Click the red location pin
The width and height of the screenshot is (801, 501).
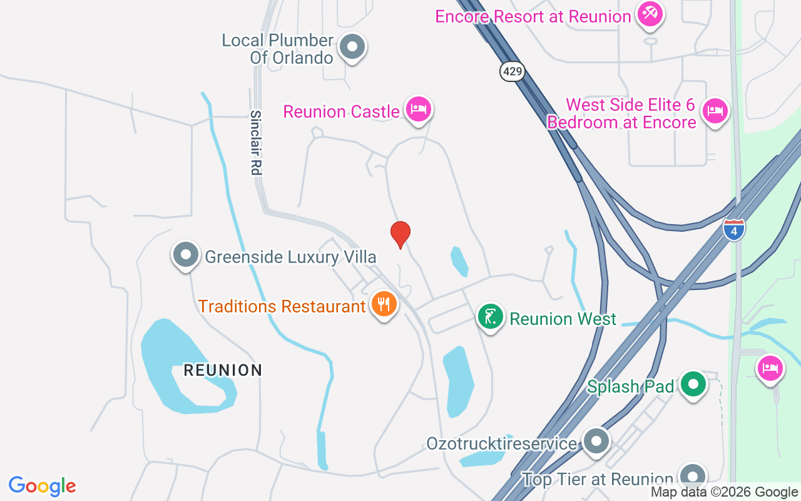pos(400,234)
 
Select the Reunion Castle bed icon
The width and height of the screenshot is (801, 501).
pos(418,110)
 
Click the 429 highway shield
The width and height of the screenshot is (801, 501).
pos(512,71)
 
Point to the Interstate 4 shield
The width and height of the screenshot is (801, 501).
pos(734,229)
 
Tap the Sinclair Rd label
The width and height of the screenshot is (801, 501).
pos(255,143)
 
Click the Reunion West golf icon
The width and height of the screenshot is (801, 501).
pos(491,317)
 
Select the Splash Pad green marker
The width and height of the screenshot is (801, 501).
pos(693,384)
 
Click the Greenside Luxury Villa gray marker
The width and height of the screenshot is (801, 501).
pos(186,255)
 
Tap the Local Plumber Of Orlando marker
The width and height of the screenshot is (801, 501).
pos(352,47)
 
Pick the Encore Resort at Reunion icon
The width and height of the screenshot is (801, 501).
pos(650,14)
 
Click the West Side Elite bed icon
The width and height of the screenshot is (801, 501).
pos(714,111)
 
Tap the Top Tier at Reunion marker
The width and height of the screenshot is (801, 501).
pos(691,477)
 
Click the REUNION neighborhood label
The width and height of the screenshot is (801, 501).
pos(223,370)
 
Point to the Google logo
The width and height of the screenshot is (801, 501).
pos(43,486)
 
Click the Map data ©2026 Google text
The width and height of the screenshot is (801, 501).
pos(725,492)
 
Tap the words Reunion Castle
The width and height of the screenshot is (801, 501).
pos(341,112)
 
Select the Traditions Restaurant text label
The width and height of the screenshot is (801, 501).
pos(282,307)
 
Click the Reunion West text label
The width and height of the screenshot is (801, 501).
pos(563,319)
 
